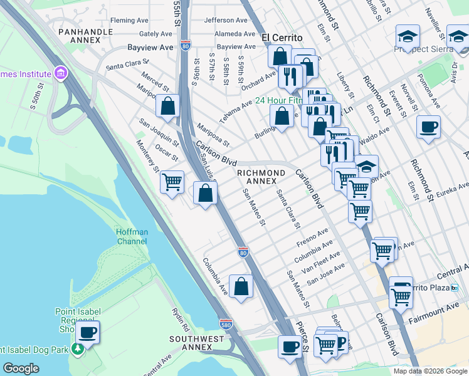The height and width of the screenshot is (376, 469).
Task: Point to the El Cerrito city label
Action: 282,37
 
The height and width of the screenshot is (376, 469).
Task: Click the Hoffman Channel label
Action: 132,236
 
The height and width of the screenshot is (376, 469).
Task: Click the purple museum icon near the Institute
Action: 60,75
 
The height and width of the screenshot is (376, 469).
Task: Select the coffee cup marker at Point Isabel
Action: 88,332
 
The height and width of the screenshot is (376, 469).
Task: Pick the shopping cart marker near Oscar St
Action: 172,182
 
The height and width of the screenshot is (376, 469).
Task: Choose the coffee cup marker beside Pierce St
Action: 290,346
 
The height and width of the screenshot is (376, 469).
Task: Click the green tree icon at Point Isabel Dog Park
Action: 78,348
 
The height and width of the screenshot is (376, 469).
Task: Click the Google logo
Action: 21,368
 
